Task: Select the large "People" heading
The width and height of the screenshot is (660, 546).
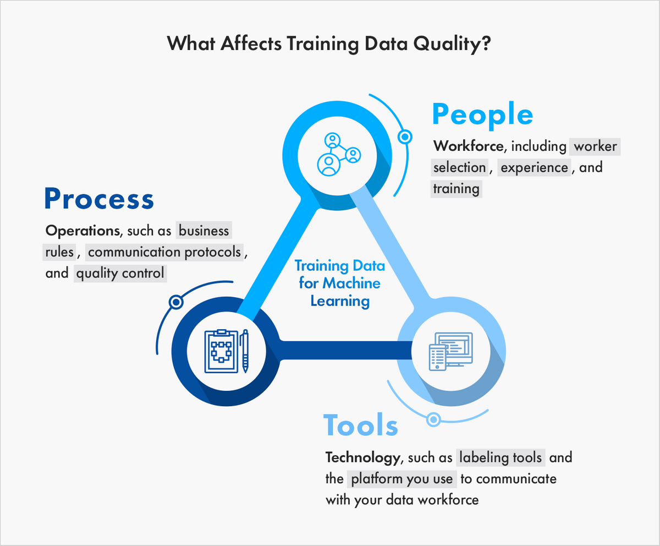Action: pyautogui.click(x=482, y=115)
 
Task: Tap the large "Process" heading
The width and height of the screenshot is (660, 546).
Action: pyautogui.click(x=99, y=199)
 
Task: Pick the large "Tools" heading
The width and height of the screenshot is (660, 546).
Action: pyautogui.click(x=361, y=425)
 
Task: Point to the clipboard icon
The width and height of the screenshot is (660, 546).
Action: pyautogui.click(x=220, y=351)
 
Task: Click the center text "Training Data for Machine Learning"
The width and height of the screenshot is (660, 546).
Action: pyautogui.click(x=339, y=283)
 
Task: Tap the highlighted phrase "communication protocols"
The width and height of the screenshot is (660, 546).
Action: pyautogui.click(x=164, y=252)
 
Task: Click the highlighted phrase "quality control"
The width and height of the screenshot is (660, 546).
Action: pyautogui.click(x=120, y=273)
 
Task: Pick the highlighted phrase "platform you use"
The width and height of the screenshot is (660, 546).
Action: pyautogui.click(x=402, y=479)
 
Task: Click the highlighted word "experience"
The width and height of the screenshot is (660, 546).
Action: pyautogui.click(x=534, y=167)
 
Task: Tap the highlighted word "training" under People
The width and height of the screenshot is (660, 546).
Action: pyautogui.click(x=456, y=189)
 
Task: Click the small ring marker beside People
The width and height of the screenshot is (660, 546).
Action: pyautogui.click(x=405, y=136)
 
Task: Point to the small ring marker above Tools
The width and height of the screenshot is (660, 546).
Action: pyautogui.click(x=433, y=419)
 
